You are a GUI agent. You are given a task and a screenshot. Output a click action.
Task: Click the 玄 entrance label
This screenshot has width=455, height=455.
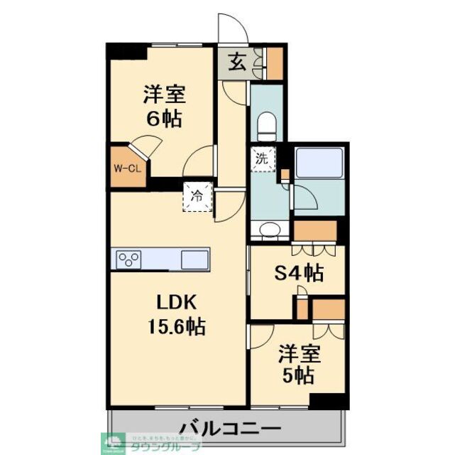(x=238, y=62)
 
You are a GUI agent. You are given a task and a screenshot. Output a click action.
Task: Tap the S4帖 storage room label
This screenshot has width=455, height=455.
(x=300, y=272)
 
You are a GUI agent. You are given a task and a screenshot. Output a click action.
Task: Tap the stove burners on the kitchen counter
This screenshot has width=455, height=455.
(x=130, y=259)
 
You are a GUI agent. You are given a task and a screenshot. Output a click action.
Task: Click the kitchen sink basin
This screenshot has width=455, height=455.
(x=194, y=259)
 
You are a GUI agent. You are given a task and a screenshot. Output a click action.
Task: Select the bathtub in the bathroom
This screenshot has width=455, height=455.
(x=319, y=164)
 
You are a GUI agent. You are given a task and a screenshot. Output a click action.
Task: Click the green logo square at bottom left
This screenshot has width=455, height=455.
(x=114, y=443)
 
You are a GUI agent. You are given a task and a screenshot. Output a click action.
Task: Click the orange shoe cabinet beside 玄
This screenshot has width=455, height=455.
(x=273, y=63)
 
